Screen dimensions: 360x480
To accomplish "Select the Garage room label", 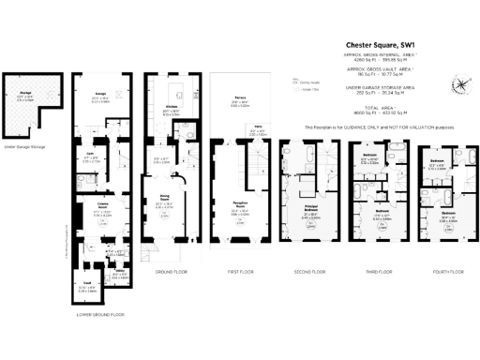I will point(100,93).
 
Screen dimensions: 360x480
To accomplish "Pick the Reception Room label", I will point(239,210).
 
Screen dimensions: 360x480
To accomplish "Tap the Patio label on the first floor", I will point(255,129).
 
